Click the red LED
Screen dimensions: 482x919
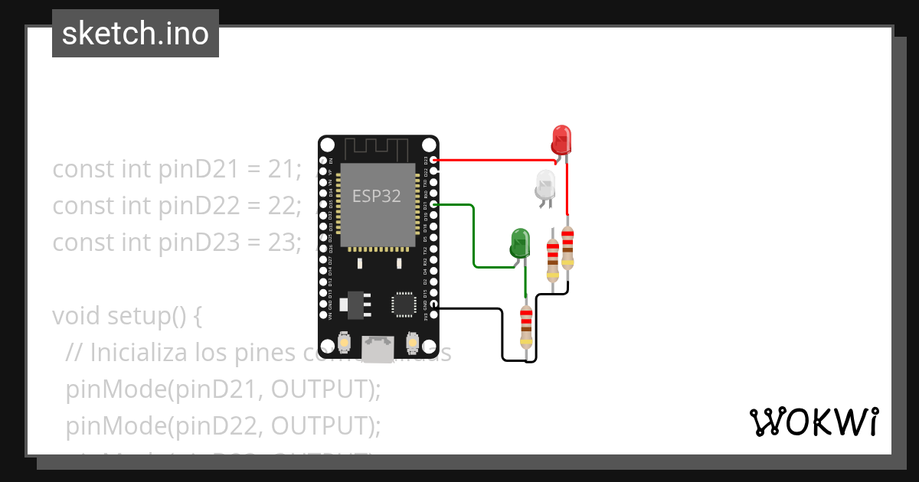[x=561, y=139]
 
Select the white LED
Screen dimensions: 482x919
[x=545, y=185]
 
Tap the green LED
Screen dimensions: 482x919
[x=520, y=242]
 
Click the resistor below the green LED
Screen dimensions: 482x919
[x=525, y=327]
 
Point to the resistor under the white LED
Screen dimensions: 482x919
[x=552, y=260]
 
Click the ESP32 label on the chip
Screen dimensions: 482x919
[x=376, y=196]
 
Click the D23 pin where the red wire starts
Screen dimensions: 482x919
[x=434, y=161]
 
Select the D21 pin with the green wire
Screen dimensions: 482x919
[x=434, y=205]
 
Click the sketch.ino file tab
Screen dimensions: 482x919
[x=136, y=34]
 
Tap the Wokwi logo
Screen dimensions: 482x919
[x=813, y=422]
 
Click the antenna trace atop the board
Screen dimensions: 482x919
[x=378, y=148]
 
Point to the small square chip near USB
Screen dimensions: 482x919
[x=404, y=304]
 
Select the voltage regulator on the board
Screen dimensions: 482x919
[x=353, y=303]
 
